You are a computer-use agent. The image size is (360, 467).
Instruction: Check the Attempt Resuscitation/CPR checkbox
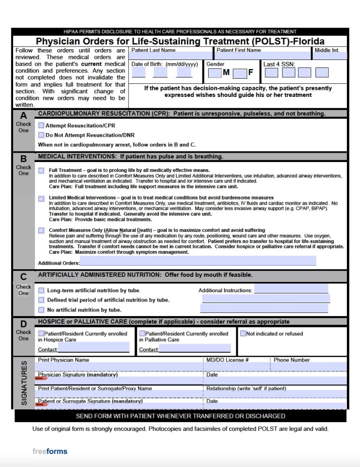coord(41,126)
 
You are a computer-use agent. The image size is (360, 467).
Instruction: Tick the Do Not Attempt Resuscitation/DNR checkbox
coord(41,135)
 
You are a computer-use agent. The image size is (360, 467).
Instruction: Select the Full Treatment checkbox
coord(41,170)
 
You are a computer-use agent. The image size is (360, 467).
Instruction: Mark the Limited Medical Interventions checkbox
coord(41,199)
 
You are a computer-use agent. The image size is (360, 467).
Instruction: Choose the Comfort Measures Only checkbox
coord(41,230)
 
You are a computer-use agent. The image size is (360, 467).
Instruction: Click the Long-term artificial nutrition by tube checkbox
coord(41,290)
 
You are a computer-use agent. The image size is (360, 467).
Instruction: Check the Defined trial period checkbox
coord(41,300)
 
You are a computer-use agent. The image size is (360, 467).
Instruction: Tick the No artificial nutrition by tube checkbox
coord(41,310)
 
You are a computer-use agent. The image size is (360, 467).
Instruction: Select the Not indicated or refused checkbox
coord(243,334)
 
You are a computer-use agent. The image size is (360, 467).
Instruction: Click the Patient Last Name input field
coord(171,56)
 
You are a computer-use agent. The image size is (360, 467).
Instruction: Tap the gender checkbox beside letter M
coord(215,73)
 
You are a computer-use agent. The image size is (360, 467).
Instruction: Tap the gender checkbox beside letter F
coord(240,73)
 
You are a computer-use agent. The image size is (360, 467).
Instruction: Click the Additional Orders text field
coord(198,261)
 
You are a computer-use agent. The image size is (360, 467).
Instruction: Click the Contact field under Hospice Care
coord(94,348)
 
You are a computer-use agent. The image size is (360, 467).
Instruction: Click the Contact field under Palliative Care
coord(195,348)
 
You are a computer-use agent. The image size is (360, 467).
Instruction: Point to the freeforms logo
coord(50,452)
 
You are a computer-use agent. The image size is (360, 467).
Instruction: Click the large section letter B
coord(23,158)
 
